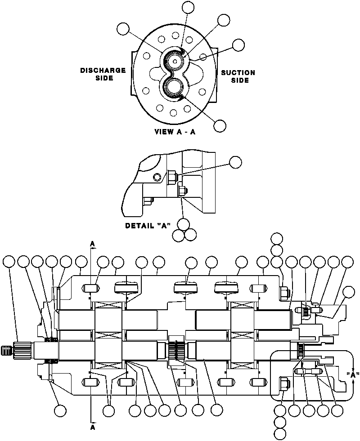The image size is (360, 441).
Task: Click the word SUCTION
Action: tap(238, 72)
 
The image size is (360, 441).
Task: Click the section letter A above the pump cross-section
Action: tap(93, 244)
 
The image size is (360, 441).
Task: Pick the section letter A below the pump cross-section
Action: tap(93, 427)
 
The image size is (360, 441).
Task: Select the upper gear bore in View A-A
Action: tap(175, 59)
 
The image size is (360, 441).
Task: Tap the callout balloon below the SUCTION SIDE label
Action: tap(220, 126)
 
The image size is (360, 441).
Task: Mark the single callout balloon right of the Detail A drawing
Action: tap(235, 162)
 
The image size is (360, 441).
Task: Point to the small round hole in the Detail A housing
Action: tap(156, 177)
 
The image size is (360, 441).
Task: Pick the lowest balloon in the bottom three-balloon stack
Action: tap(280, 434)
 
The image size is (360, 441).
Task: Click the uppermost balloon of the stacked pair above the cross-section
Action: tap(276, 238)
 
